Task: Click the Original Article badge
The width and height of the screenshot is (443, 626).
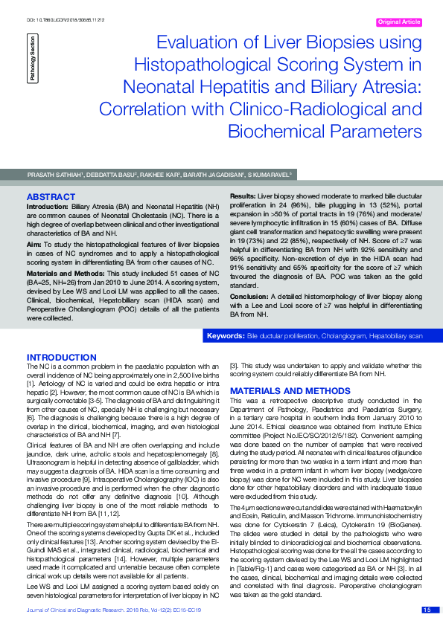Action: point(399,22)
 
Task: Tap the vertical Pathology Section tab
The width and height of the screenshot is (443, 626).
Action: point(32,58)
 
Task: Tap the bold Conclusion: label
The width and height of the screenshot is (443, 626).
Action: point(249,295)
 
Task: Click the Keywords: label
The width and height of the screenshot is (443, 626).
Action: point(225,336)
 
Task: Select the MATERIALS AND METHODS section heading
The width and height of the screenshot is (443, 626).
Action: point(279,390)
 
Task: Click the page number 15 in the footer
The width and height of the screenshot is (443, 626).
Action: point(427,610)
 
